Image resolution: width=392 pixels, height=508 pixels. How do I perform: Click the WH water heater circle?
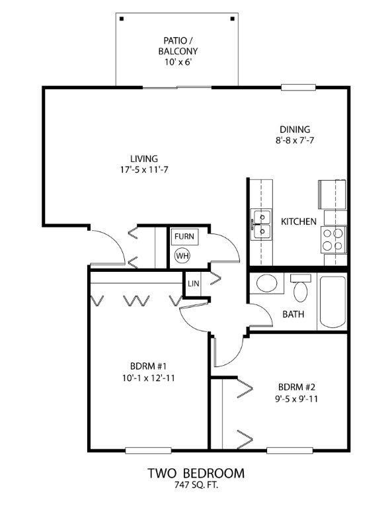[x=182, y=256]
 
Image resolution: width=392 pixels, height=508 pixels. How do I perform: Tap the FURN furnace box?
[x=184, y=236]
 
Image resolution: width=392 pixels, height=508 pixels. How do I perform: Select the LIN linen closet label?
[x=193, y=283]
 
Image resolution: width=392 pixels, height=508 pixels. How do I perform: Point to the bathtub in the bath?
[x=333, y=302]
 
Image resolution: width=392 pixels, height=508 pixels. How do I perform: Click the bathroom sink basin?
[x=266, y=283]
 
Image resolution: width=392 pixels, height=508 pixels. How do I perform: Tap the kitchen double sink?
[x=262, y=224]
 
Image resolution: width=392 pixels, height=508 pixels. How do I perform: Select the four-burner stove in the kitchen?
[x=333, y=239]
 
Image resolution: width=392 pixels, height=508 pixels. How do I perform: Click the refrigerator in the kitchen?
[x=332, y=194]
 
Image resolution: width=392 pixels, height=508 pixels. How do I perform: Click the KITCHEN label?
[x=298, y=222]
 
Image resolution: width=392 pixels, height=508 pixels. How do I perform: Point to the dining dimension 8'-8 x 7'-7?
[x=295, y=141]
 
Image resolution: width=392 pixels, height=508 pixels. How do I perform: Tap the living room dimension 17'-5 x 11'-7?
[x=144, y=170]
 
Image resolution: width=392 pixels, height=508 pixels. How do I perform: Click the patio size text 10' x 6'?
[x=176, y=62]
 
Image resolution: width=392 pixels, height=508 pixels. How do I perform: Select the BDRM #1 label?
[x=148, y=366]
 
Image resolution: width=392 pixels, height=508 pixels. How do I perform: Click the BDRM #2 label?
[x=297, y=387]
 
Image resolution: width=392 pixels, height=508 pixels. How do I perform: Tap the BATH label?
[x=294, y=314]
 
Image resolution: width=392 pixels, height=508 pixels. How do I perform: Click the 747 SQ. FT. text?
[x=196, y=485]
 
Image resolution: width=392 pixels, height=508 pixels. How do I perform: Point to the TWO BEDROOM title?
[x=196, y=473]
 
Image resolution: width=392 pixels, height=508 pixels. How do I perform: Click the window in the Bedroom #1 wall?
[x=148, y=450]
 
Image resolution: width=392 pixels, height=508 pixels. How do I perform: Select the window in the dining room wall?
[x=298, y=87]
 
